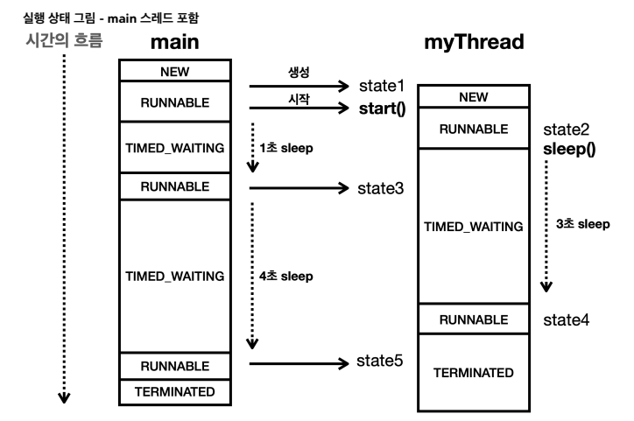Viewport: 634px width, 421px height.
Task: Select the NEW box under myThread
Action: pyautogui.click(x=474, y=98)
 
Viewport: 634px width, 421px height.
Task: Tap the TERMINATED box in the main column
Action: pyautogui.click(x=175, y=392)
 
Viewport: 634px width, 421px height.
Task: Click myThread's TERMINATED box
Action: pyautogui.click(x=474, y=372)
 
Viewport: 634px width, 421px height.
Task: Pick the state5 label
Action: pyautogui.click(x=380, y=361)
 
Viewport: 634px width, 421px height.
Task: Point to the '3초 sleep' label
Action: pyautogui.click(x=582, y=224)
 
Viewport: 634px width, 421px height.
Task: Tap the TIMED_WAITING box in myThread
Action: pyautogui.click(x=474, y=226)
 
